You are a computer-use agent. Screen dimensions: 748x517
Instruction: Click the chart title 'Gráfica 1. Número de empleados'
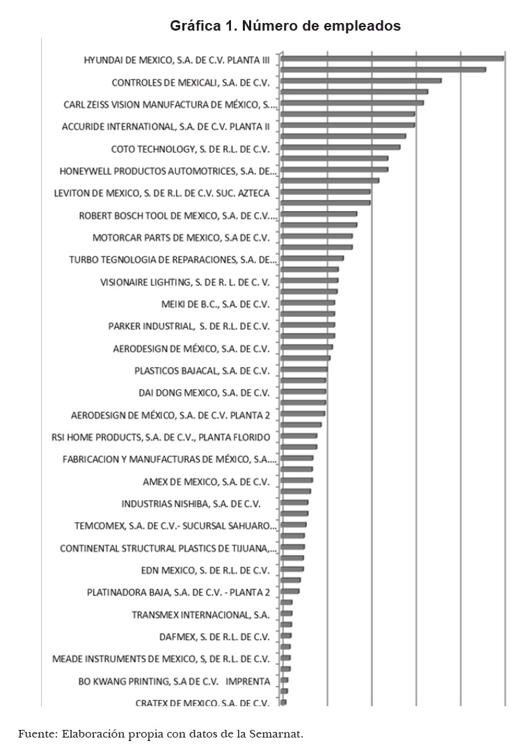285,26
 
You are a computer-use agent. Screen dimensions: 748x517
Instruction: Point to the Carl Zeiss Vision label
170,104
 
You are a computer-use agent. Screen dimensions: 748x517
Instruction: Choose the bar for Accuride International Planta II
347,125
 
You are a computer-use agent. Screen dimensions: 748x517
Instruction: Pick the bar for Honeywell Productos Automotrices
334,169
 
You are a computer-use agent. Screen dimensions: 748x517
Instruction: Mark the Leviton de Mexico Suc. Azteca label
166,193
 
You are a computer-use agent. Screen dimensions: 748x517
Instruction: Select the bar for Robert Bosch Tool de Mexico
319,214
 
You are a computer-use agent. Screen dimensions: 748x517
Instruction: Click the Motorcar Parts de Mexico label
180,237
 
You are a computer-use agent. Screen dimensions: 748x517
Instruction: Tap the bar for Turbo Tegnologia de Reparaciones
312,258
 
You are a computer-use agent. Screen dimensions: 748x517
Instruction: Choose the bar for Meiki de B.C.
308,303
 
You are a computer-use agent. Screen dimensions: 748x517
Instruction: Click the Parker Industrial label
189,326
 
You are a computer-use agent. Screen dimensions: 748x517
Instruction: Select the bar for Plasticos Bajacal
303,369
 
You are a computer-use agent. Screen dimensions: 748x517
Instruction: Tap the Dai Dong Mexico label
203,392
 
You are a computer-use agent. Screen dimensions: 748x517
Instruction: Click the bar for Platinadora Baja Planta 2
289,591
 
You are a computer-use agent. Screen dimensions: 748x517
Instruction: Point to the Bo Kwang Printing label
173,680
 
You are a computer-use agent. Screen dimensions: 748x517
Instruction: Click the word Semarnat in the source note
278,733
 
